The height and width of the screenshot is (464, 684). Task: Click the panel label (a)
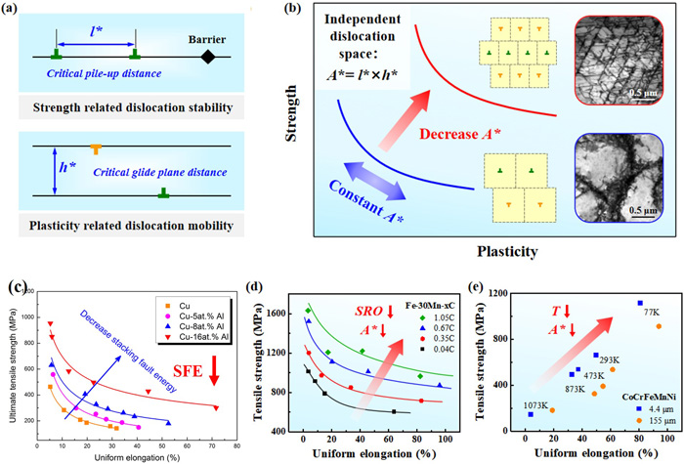(x=17, y=13)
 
